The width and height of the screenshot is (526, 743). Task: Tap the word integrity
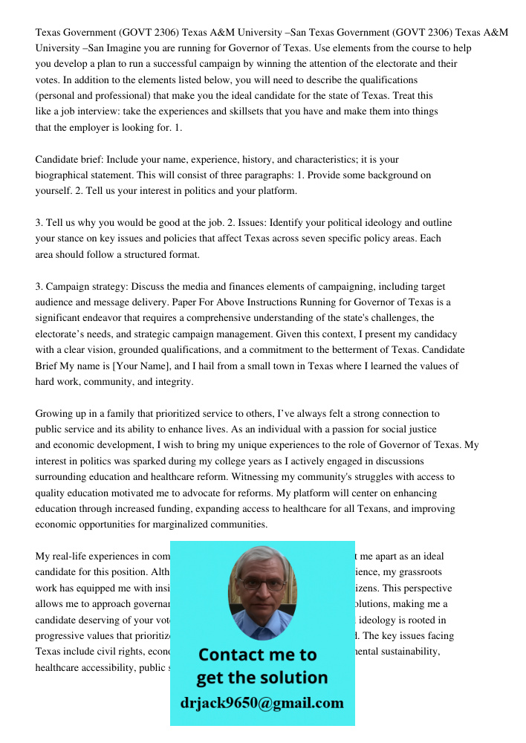[170, 382]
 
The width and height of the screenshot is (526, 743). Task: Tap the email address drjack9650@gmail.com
[262, 703]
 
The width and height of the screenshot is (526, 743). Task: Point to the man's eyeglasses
[262, 585]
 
